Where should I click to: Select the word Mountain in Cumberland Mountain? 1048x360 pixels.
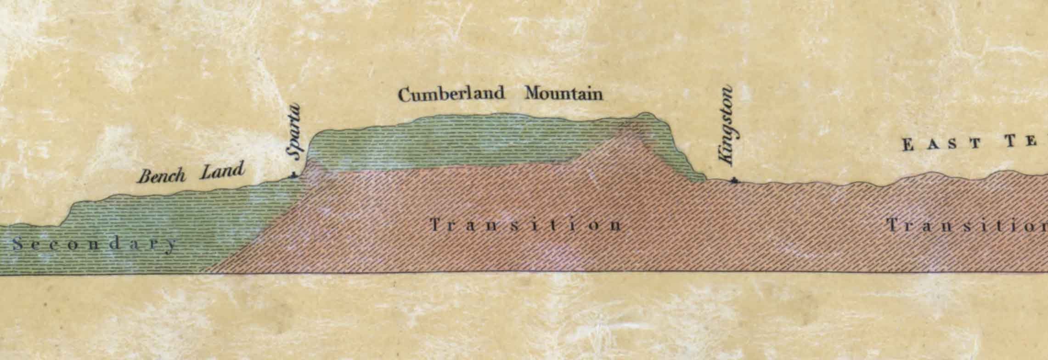pos(563,94)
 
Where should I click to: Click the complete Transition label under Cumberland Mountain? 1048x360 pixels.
pos(526,225)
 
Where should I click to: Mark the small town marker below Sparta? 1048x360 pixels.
pos(293,175)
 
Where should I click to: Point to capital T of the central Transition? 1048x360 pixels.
pos(435,225)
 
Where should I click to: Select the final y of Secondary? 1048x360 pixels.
pos(170,246)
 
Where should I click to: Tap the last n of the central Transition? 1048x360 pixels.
pos(616,225)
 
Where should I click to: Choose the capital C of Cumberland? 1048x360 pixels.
pos(405,95)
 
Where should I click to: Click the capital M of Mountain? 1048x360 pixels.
pos(533,94)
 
